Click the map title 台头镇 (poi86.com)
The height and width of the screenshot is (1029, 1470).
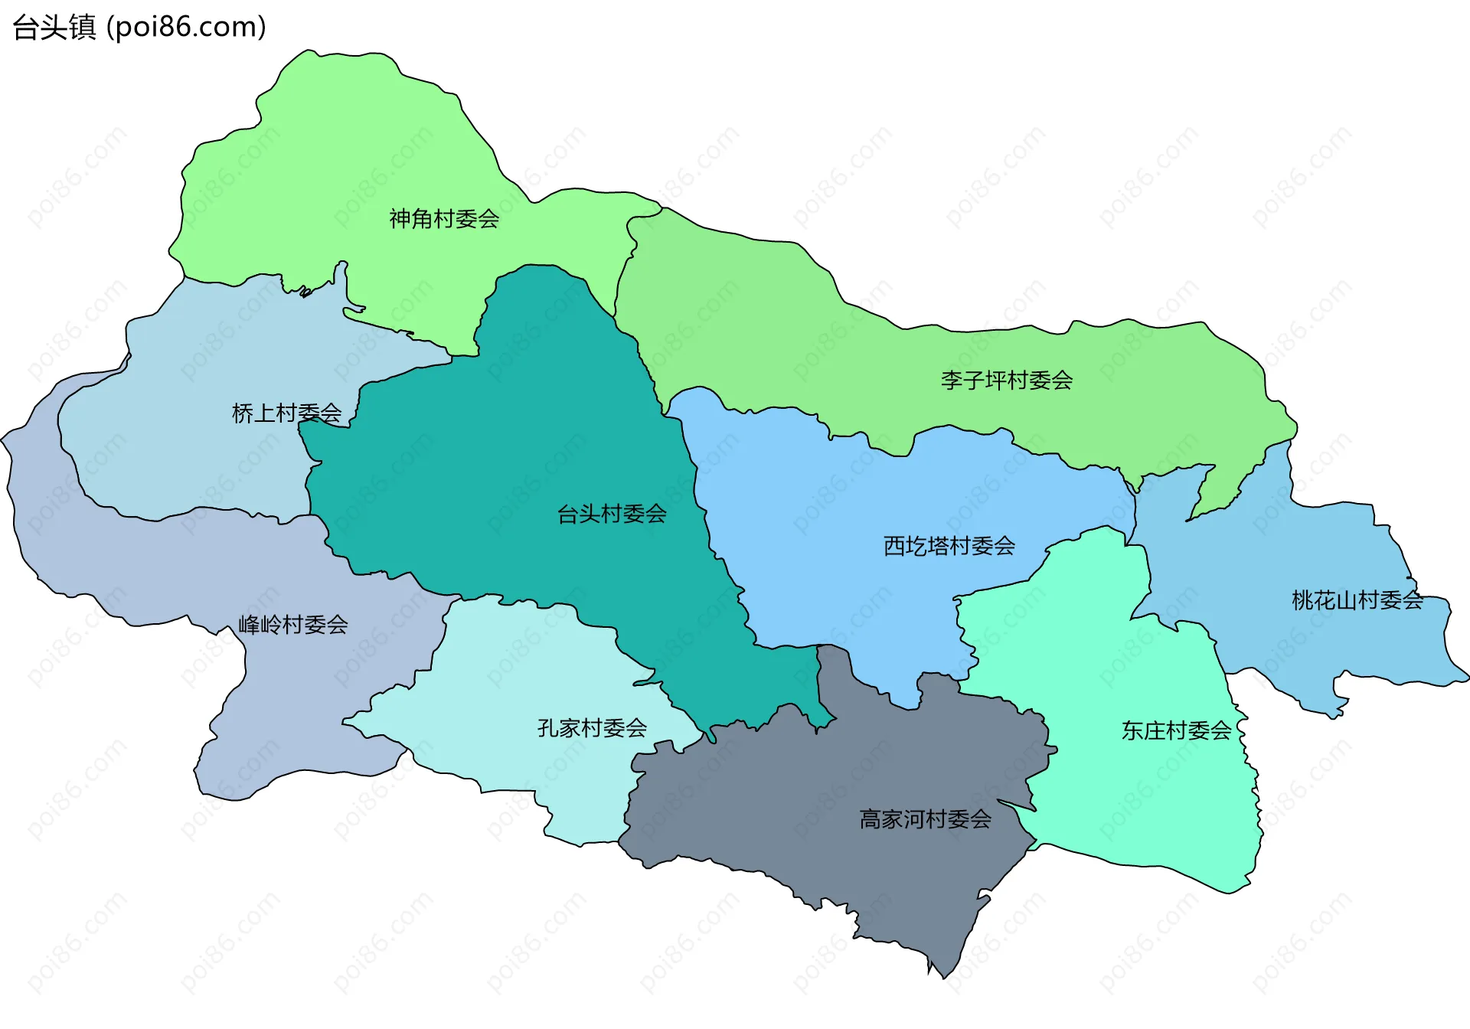139,28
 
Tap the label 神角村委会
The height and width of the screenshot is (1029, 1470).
444,219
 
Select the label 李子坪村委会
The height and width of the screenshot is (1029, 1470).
1006,380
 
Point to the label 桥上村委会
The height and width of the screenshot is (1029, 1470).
286,413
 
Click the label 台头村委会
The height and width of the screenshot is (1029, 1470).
611,514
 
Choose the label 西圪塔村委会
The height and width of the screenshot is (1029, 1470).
949,546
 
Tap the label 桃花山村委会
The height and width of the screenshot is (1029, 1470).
1357,600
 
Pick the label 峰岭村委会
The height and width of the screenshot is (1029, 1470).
292,625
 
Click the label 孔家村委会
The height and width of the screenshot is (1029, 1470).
592,727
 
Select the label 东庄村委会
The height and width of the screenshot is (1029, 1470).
1176,730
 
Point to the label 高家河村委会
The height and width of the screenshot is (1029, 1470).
925,819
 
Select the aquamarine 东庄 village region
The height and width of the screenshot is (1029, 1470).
1133,804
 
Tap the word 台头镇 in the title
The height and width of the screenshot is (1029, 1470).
54,28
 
